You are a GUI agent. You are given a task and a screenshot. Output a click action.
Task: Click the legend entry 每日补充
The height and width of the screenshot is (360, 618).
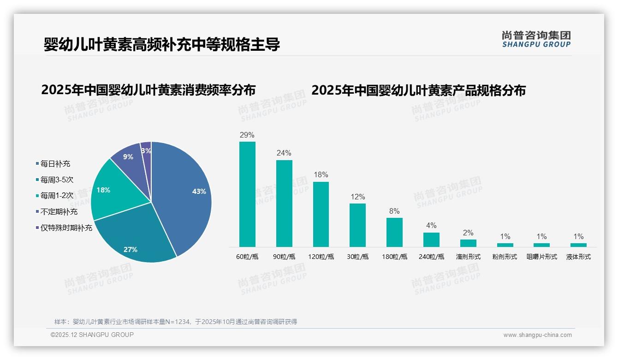(x=55, y=164)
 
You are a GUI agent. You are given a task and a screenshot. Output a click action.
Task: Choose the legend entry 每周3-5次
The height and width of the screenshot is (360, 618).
(x=56, y=180)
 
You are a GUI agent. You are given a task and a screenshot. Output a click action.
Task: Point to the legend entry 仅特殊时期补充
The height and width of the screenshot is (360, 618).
(x=66, y=228)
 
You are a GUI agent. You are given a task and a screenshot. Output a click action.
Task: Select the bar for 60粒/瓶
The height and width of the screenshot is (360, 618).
(x=247, y=194)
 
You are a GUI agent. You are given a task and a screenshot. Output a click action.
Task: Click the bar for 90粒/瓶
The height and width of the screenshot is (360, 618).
(x=284, y=203)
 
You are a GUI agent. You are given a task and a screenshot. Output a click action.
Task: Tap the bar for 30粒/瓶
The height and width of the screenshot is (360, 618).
(x=357, y=225)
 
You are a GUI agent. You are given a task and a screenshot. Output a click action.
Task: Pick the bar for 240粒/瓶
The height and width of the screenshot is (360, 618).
(x=431, y=240)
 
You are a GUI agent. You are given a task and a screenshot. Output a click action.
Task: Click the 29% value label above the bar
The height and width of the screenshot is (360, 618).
(x=247, y=135)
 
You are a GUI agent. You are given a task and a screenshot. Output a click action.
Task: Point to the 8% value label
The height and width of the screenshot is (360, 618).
(x=394, y=211)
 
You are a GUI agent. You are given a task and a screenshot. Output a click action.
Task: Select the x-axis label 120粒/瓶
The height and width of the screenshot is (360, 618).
(x=321, y=257)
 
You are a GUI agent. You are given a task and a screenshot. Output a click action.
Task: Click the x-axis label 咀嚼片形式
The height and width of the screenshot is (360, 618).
(x=542, y=257)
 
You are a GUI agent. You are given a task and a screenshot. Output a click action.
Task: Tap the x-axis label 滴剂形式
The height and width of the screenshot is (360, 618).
(x=468, y=257)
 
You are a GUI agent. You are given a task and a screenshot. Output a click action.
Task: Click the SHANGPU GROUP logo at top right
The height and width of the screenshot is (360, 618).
(x=536, y=39)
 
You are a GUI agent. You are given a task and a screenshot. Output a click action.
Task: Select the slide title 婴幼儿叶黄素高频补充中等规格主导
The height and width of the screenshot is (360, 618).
(x=162, y=45)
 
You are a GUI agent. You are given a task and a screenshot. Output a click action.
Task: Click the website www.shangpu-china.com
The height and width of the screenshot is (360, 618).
(x=537, y=335)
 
